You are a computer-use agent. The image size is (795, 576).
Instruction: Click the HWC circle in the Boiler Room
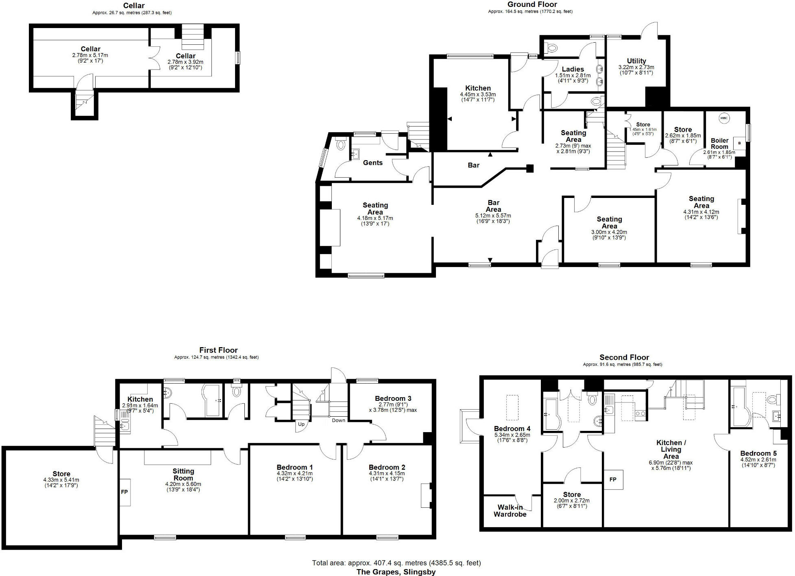[724, 118]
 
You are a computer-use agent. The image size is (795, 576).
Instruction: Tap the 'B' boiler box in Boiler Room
[739, 143]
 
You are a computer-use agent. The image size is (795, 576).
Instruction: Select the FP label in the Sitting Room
[124, 492]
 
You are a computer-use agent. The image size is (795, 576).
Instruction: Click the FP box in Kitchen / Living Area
[613, 480]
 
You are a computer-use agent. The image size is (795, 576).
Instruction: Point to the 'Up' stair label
[301, 424]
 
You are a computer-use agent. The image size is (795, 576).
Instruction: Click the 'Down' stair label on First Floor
[338, 420]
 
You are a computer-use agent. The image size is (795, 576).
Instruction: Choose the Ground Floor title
[532, 4]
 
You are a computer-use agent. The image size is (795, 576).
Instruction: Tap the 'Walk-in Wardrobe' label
[510, 511]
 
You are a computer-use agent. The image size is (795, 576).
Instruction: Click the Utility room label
[636, 61]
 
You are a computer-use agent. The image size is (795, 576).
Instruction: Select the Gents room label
[372, 163]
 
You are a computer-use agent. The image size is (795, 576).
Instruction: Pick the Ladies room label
[573, 69]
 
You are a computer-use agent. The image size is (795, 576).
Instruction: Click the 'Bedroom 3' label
[393, 398]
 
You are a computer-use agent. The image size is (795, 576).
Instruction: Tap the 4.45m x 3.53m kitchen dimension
[478, 94]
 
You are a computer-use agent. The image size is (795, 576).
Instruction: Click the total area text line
[396, 563]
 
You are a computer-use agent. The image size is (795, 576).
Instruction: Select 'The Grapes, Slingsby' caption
[396, 572]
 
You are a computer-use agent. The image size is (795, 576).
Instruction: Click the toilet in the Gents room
[341, 144]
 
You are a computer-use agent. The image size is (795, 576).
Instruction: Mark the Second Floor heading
[624, 357]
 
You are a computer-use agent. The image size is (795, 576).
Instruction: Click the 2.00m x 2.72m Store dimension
[571, 500]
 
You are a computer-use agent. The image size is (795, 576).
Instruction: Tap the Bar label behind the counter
[473, 165]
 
